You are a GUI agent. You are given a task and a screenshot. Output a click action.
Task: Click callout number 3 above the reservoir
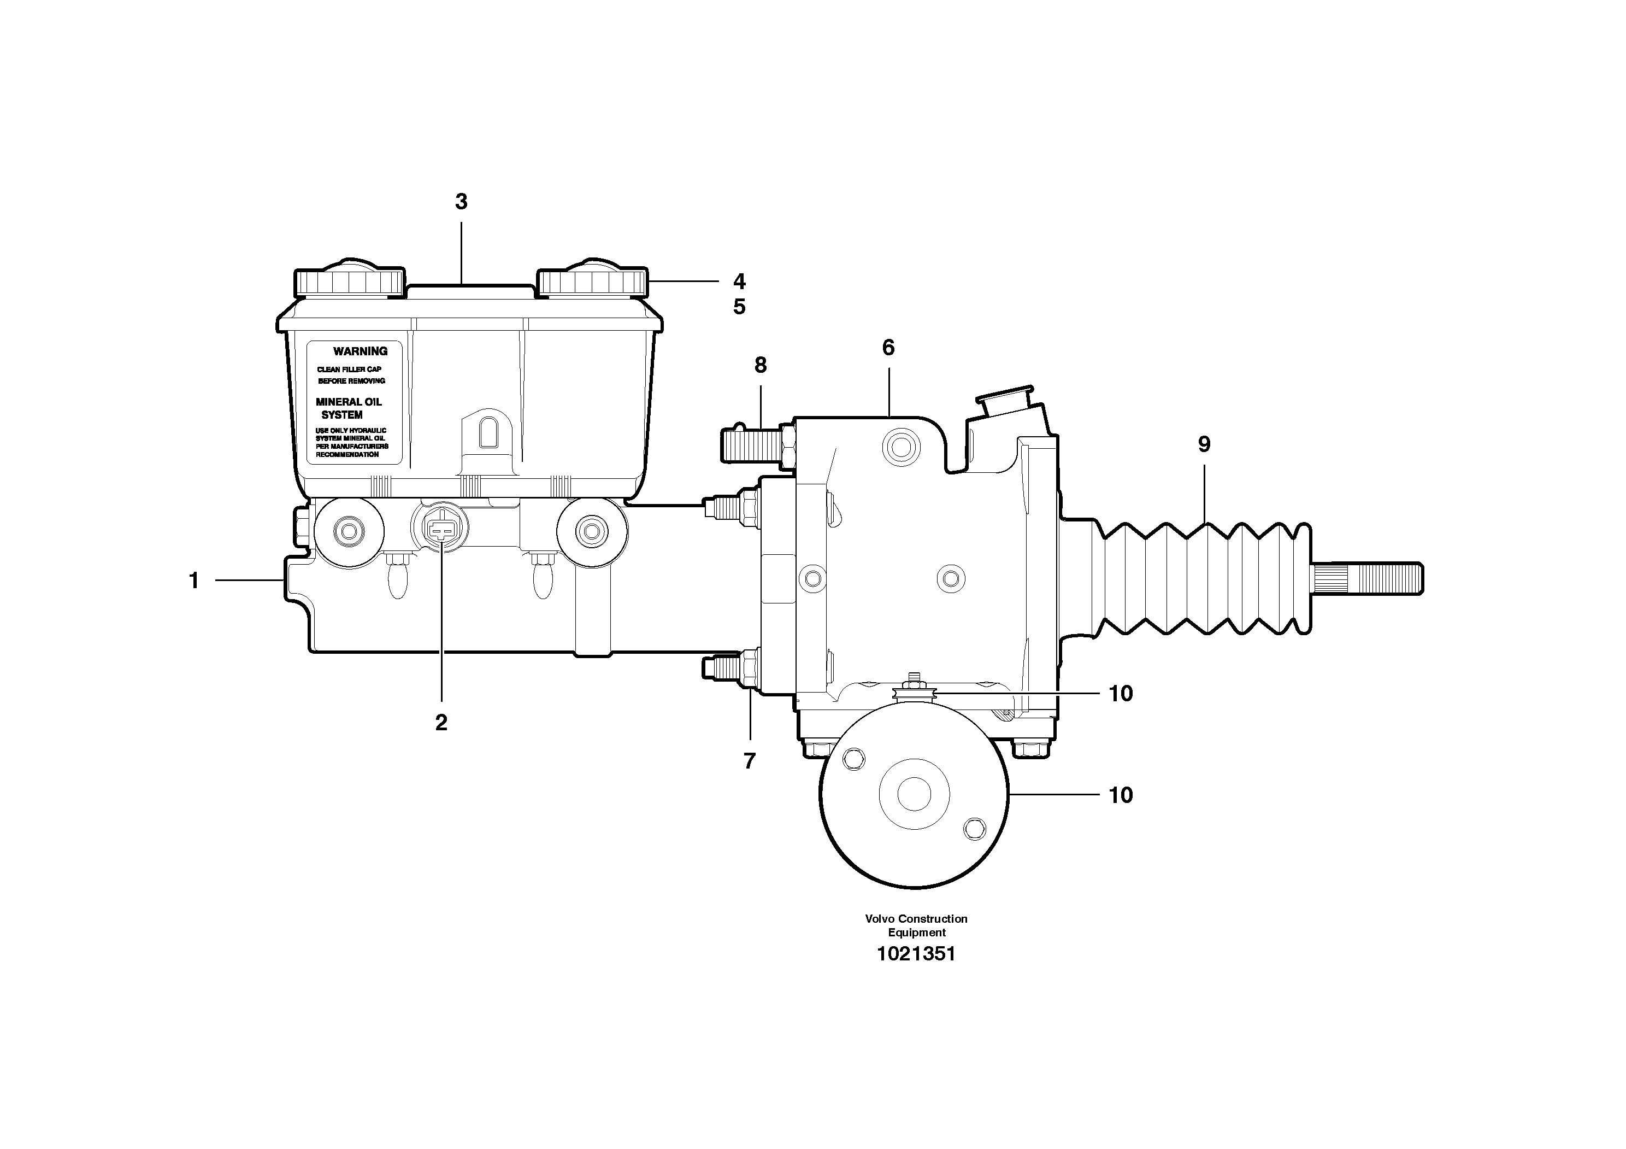461,202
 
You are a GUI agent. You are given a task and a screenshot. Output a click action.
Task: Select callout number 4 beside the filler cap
739,282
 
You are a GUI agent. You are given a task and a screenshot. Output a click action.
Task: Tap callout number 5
739,307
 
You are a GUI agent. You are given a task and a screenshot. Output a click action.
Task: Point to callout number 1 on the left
194,581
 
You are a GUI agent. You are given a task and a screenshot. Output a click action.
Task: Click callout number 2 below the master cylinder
441,723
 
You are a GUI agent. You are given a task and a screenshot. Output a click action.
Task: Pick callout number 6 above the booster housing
888,348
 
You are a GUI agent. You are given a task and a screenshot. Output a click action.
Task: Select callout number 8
761,366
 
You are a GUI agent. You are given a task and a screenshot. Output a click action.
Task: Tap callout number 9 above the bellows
1204,445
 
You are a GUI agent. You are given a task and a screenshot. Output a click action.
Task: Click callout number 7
749,761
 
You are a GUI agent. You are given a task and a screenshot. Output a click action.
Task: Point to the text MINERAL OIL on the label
349,402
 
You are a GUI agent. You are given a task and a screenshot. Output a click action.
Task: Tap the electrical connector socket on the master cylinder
440,529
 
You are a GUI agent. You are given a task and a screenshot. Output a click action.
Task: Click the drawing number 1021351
916,954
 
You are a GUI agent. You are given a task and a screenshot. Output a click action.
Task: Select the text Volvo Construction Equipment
916,925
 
